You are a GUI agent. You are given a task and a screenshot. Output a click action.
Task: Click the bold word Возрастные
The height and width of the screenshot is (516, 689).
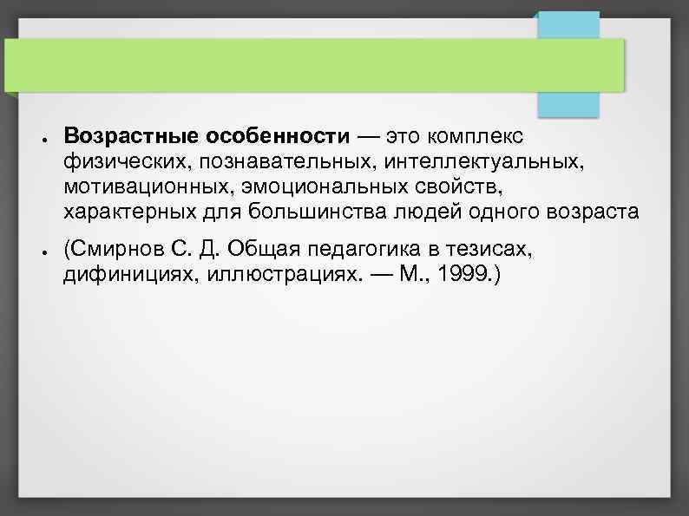[x=131, y=137]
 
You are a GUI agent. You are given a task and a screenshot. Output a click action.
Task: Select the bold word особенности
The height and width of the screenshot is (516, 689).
[x=278, y=137]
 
